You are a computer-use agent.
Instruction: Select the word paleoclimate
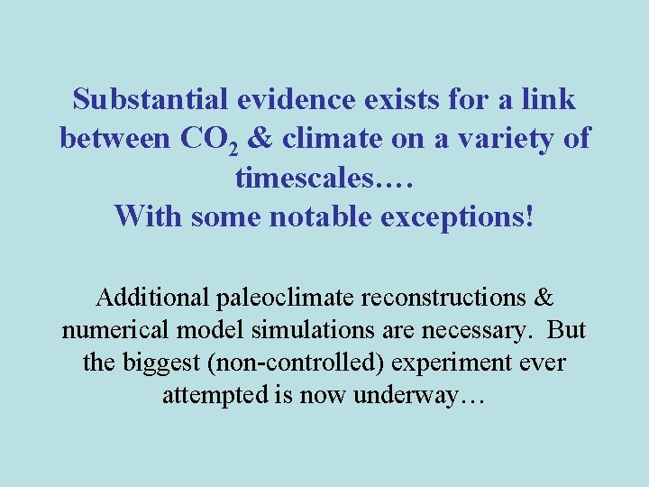(x=283, y=297)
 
